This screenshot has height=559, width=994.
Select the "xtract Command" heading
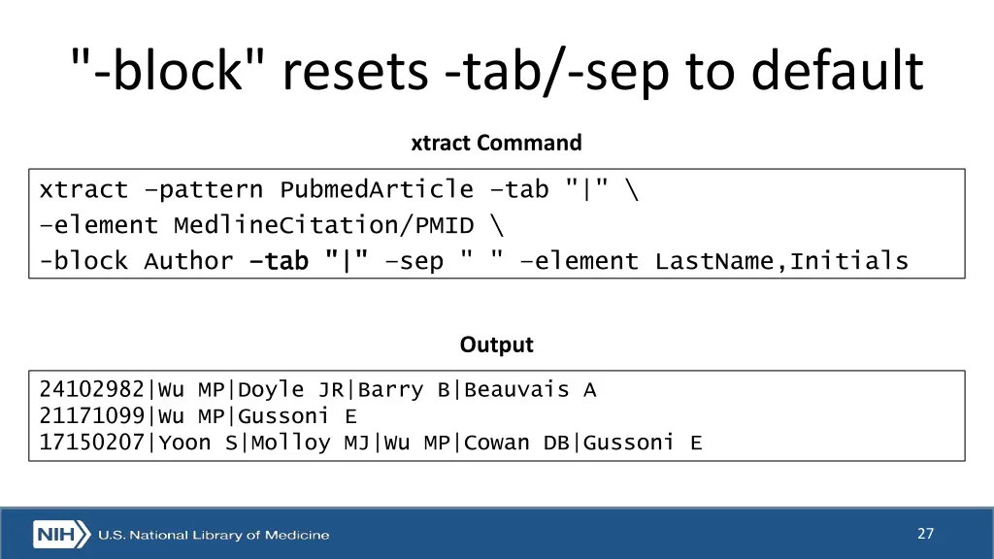(x=496, y=143)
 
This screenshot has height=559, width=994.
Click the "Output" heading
(x=496, y=345)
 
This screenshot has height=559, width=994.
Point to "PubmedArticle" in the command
(x=377, y=189)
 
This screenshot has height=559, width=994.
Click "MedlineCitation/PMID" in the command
(x=324, y=225)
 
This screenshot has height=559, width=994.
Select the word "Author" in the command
(x=188, y=261)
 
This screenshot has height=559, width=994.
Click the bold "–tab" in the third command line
(x=279, y=261)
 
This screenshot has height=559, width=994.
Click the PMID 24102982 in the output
(x=92, y=390)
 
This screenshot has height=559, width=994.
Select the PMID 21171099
(x=92, y=417)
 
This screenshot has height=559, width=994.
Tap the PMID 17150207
(x=92, y=444)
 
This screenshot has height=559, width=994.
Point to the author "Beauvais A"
(x=530, y=390)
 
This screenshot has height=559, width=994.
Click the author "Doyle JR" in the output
(x=291, y=390)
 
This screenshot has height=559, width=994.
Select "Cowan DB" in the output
(x=516, y=444)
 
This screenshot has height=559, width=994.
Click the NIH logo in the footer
(x=61, y=535)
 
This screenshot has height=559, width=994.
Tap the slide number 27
(x=925, y=533)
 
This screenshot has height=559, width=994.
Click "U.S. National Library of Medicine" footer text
(x=214, y=535)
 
